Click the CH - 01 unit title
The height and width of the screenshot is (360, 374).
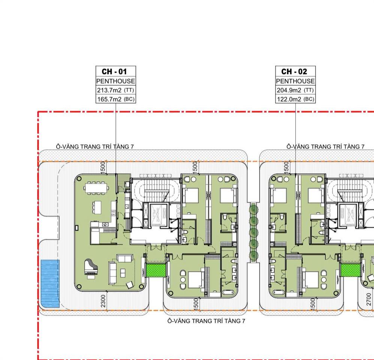[x=114, y=71]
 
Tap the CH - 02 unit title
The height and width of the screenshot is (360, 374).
[x=294, y=71]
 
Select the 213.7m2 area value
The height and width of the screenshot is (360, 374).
[x=109, y=90]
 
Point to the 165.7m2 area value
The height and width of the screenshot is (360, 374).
[x=109, y=99]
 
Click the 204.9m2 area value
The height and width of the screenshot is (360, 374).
[x=289, y=90]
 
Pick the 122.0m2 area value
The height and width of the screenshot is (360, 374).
[x=289, y=99]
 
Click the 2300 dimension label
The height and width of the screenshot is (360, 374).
[x=103, y=301]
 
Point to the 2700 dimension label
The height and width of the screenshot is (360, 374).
[x=369, y=299]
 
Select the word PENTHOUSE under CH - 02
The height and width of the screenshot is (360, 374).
[x=295, y=81]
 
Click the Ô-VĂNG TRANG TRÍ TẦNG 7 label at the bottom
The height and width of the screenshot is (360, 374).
[x=206, y=321]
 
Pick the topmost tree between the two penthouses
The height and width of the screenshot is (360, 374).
[x=253, y=209]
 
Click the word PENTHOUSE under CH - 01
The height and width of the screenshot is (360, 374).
[x=116, y=81]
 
